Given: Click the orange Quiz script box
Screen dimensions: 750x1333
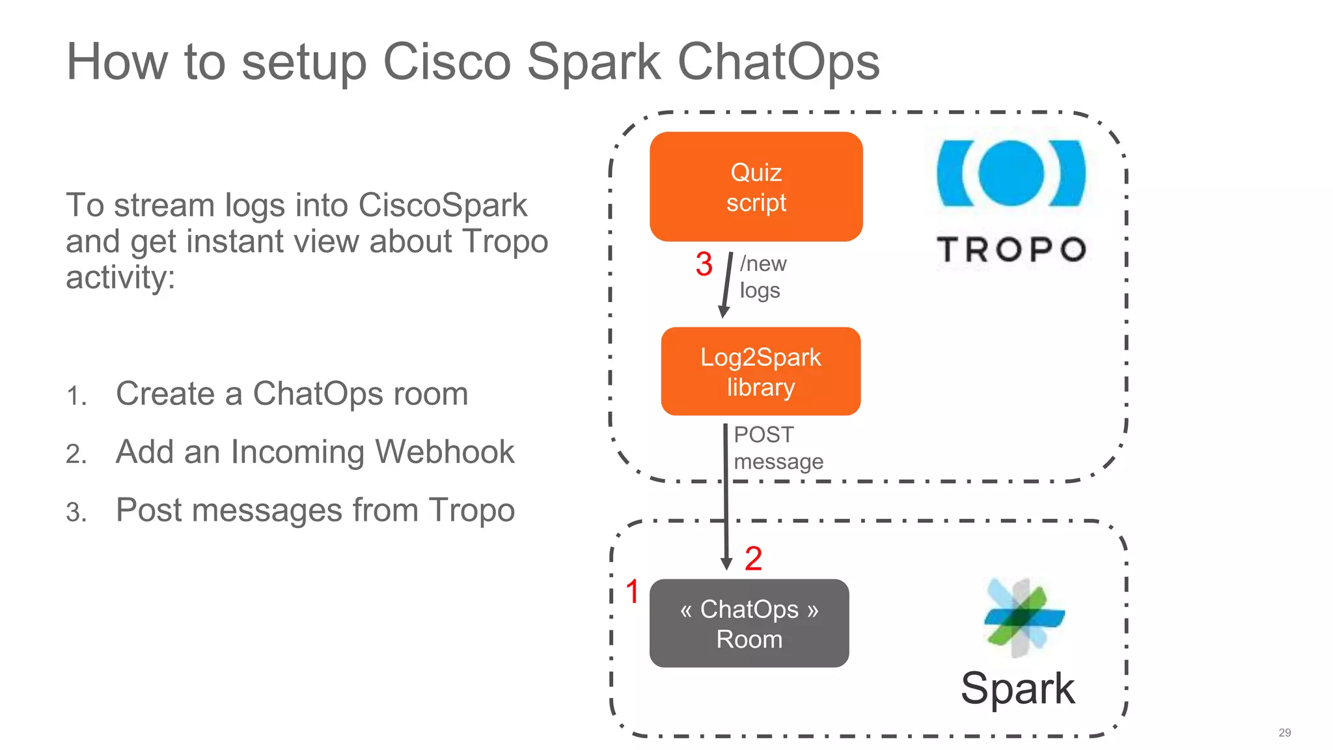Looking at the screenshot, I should coord(756,187).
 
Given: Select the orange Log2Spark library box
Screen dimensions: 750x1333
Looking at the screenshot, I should coord(760,371).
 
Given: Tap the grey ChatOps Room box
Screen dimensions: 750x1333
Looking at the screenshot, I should coord(749,623).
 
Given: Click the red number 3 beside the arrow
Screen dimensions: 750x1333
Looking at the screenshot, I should coord(704,264).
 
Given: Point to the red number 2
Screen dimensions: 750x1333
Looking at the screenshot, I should coord(753,559).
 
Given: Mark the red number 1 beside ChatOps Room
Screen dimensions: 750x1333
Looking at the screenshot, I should coord(632,592).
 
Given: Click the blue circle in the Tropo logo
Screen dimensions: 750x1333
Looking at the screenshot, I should coord(1011,173).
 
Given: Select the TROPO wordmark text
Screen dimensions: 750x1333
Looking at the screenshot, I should coord(1011,249).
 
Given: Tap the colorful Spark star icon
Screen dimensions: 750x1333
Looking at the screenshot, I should coord(1023,617).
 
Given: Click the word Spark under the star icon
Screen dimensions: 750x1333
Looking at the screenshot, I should coord(1017,688).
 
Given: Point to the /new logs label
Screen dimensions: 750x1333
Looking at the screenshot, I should coord(763,277).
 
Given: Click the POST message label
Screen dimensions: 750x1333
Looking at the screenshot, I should coord(778,448).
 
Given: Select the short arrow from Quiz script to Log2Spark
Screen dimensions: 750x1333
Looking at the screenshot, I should coord(726,284).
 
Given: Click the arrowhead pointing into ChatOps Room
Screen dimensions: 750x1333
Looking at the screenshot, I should coord(726,564).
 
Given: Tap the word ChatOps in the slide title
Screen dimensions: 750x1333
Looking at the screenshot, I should coord(778,62).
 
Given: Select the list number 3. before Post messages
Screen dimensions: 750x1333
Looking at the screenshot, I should coord(76,512).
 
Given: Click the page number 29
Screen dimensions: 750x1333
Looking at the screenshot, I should coord(1284,732).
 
